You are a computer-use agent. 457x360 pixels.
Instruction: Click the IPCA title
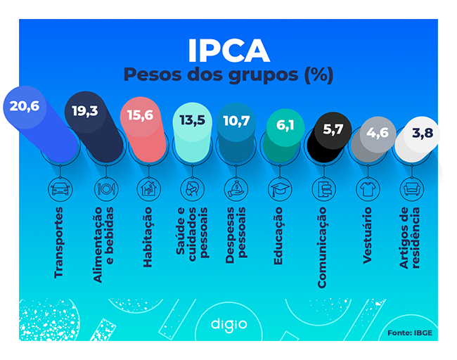(228, 50)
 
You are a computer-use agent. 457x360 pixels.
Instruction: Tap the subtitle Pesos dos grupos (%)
(228, 75)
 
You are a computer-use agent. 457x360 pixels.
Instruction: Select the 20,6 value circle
(24, 108)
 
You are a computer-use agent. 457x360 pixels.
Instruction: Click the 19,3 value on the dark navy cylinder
(85, 110)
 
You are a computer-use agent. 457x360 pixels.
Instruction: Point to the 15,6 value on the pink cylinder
(138, 115)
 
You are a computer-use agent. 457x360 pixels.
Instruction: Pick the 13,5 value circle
(192, 120)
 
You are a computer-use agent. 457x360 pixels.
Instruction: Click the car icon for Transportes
(60, 188)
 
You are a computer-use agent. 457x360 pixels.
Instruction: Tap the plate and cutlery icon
(106, 188)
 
